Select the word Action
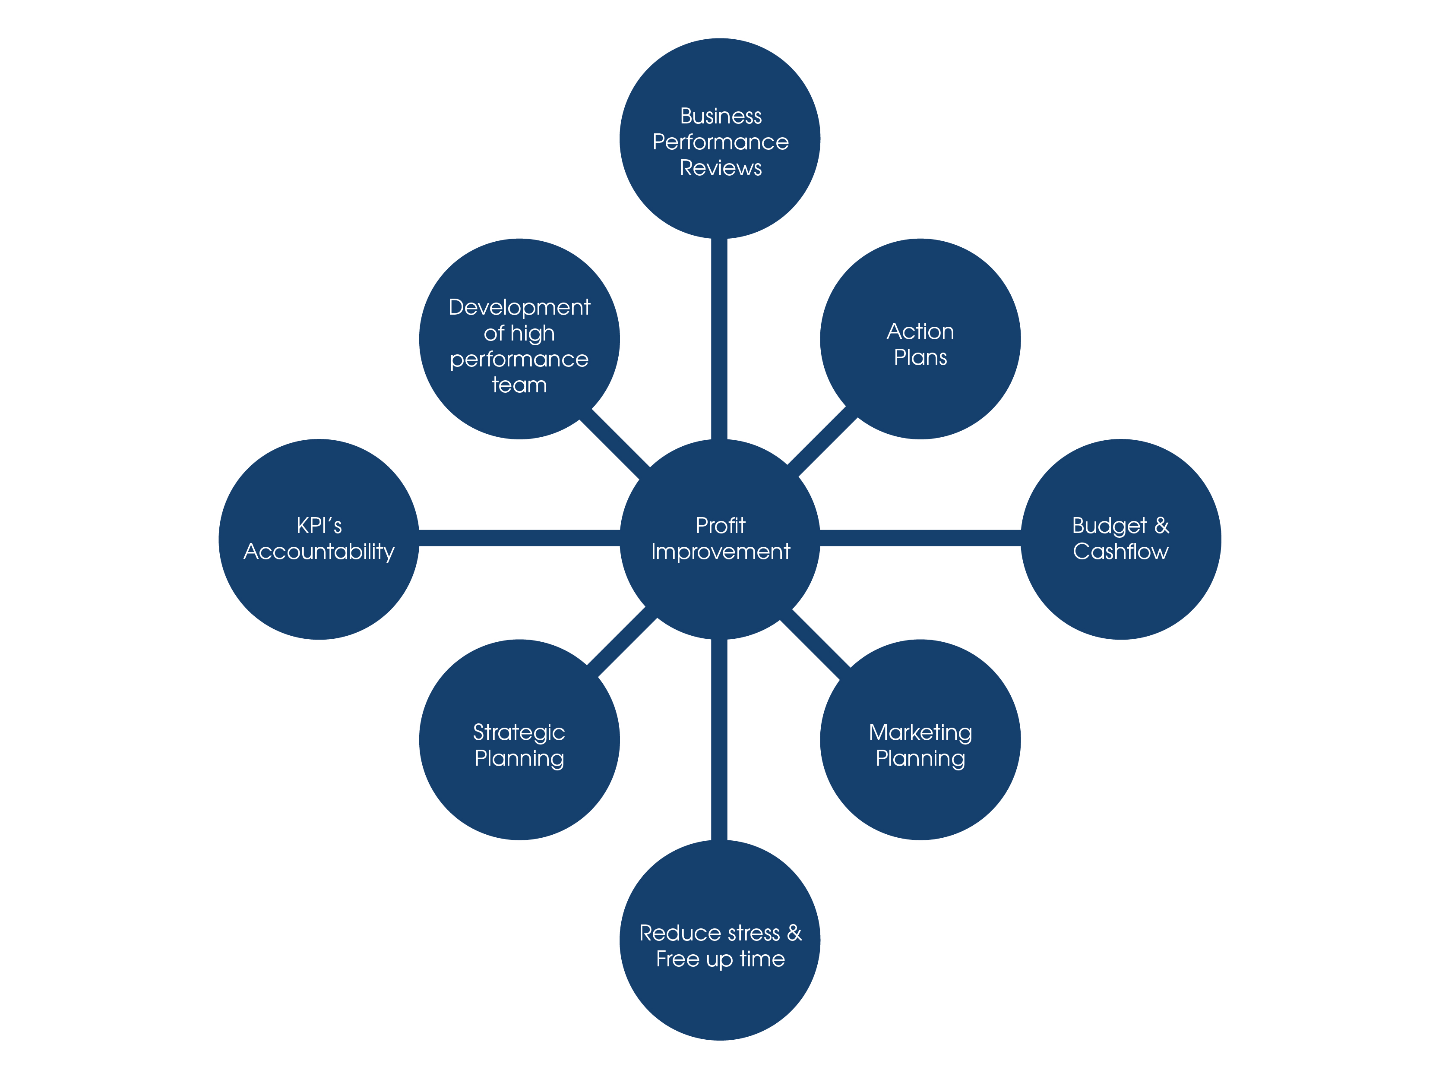click(x=920, y=332)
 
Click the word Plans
click(x=920, y=358)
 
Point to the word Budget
click(x=1109, y=526)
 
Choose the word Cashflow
click(x=1120, y=552)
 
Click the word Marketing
click(x=920, y=733)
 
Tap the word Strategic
click(x=519, y=733)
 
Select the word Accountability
click(x=319, y=552)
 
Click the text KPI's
click(x=319, y=526)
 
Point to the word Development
click(x=519, y=307)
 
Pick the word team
click(x=519, y=385)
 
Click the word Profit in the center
click(x=720, y=526)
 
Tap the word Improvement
click(x=720, y=552)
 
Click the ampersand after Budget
click(x=1161, y=526)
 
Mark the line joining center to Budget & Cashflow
click(x=920, y=538)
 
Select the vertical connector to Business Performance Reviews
click(x=719, y=338)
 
